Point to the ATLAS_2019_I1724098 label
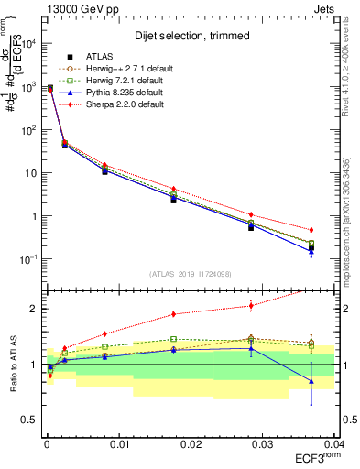191,272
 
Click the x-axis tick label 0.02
191,443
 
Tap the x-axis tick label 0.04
333,443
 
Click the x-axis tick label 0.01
118,443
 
